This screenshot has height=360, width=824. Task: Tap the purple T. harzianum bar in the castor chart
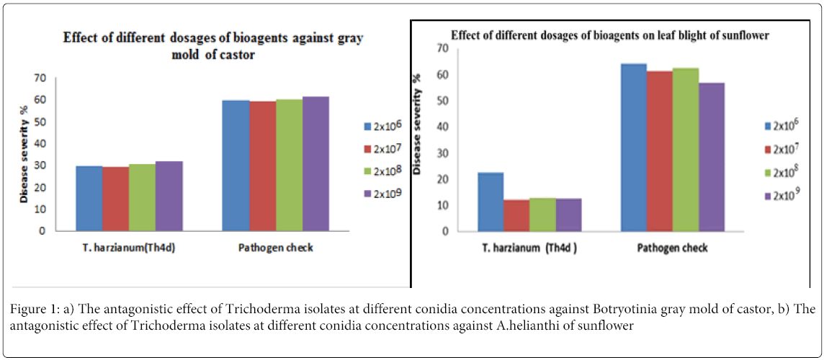[169, 196]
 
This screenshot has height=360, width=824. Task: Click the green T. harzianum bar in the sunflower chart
[542, 215]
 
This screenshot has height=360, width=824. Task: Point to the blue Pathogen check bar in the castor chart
[235, 166]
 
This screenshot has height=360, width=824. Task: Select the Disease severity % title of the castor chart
[24, 155]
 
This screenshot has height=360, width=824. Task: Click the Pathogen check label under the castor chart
[275, 248]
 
